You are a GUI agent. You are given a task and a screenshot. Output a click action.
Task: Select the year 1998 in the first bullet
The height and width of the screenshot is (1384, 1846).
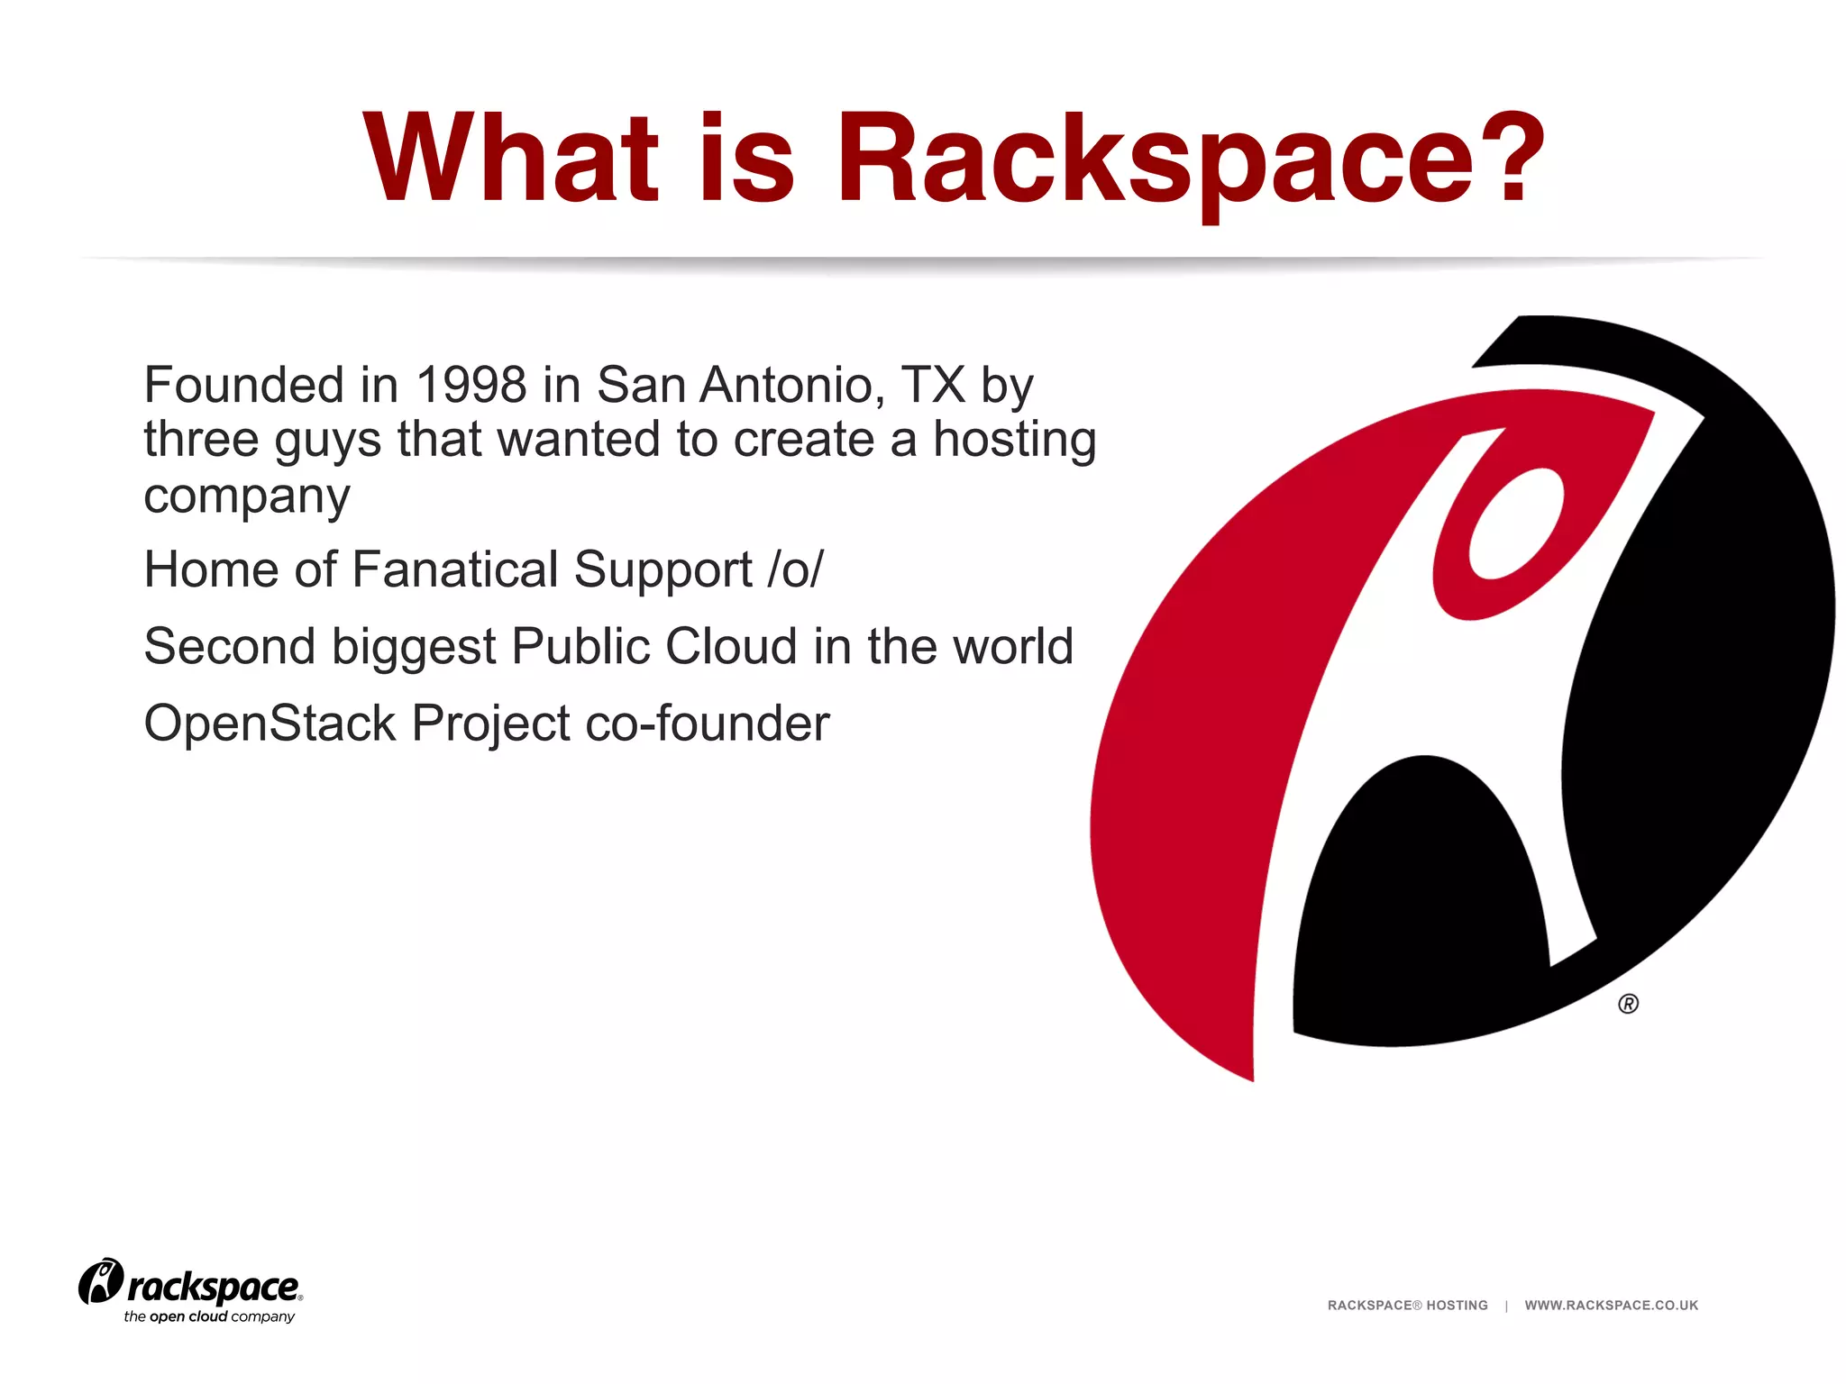471,385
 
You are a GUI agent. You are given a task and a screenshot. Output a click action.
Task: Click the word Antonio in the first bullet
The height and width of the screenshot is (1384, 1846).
786,385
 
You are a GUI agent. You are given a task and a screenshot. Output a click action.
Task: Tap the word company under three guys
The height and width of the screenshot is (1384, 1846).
246,496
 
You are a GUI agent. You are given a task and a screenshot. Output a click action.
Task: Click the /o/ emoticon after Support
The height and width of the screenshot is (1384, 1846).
795,569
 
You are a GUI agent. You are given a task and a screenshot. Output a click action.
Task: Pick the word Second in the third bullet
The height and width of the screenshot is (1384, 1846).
230,646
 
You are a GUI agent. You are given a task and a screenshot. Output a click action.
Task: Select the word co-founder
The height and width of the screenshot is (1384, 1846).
707,724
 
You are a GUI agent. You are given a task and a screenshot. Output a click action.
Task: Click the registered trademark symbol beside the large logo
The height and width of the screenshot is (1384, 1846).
1628,1004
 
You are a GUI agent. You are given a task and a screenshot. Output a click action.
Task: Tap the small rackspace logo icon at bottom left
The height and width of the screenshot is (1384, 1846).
100,1280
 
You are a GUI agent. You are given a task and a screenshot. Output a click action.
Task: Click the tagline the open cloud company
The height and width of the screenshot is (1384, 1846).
209,1316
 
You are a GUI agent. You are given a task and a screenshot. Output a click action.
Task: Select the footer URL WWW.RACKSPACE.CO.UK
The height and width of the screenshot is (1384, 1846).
1611,1305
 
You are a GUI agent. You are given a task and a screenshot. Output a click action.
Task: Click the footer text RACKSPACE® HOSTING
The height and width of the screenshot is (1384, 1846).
1407,1305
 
